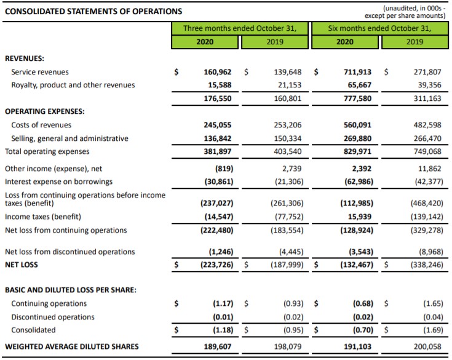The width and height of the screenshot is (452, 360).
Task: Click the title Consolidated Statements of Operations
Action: click(93, 11)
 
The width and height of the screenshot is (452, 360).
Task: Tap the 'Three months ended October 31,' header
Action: click(240, 28)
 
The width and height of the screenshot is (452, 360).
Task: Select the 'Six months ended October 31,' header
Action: click(379, 28)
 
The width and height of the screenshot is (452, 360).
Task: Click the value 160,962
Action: click(218, 72)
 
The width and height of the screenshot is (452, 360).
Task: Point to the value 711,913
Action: click(357, 72)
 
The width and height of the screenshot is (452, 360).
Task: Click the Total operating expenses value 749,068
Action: click(426, 151)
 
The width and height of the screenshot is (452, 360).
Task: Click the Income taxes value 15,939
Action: click(359, 217)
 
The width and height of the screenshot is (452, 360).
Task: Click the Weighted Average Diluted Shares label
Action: click(71, 346)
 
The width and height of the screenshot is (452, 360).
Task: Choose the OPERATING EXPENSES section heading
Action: click(45, 111)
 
